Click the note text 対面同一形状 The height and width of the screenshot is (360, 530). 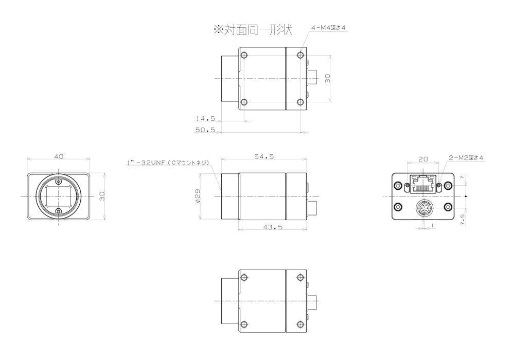[x=258, y=29]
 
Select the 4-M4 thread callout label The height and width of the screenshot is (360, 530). [x=328, y=28]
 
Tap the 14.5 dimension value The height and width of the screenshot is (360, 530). [x=205, y=118]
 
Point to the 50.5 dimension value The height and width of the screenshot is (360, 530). [x=205, y=130]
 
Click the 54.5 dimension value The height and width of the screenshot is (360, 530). [x=264, y=156]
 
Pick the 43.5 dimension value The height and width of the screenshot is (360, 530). [x=273, y=227]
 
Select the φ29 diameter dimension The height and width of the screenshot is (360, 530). [x=198, y=196]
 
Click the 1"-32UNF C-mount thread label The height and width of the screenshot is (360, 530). [x=168, y=163]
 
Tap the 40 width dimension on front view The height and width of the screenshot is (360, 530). [x=59, y=156]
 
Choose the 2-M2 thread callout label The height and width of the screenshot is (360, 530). [x=466, y=158]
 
